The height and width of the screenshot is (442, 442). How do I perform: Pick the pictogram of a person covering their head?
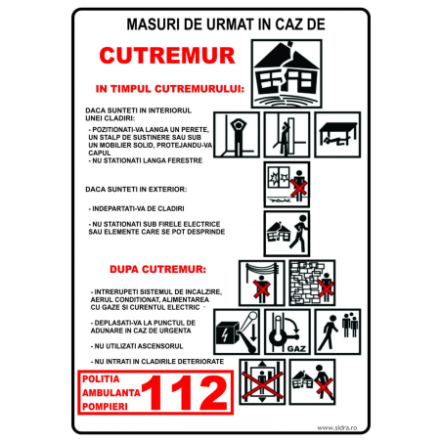click(238, 134)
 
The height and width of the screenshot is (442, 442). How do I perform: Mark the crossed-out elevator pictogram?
click(262, 382)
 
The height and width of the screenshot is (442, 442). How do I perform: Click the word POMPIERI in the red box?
click(107, 408)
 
